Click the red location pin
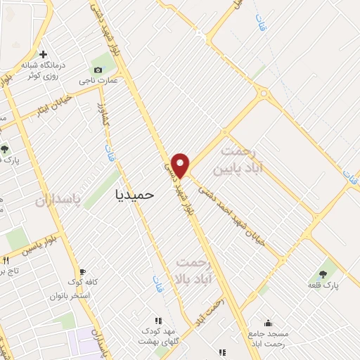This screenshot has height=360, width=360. (181, 165)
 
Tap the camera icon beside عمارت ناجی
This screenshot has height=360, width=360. (98, 70)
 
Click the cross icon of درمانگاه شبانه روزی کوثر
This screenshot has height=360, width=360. (44, 54)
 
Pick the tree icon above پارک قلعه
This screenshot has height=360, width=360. (323, 274)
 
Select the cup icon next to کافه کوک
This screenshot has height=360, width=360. (82, 271)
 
